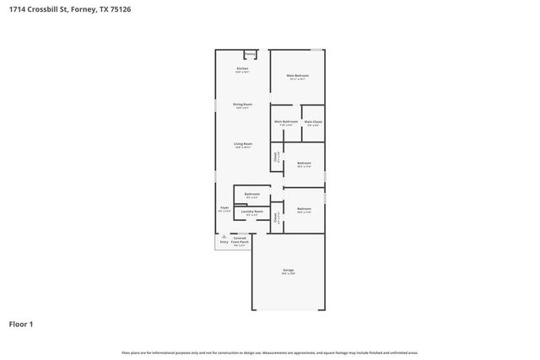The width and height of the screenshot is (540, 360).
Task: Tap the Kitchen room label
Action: pyautogui.click(x=243, y=69)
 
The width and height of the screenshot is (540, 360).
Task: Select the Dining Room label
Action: pyautogui.click(x=243, y=105)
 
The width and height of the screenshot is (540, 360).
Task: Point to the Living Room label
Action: pyautogui.click(x=243, y=145)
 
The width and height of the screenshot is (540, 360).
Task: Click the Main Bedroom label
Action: pyautogui.click(x=297, y=77)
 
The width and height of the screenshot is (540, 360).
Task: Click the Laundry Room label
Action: pyautogui.click(x=252, y=212)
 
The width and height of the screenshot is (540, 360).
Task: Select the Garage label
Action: pyautogui.click(x=288, y=271)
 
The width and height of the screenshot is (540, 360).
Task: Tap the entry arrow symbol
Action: pyautogui.click(x=224, y=236)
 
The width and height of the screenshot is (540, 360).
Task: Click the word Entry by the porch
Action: pyautogui.click(x=224, y=242)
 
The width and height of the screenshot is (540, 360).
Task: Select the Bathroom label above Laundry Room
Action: pyautogui.click(x=251, y=195)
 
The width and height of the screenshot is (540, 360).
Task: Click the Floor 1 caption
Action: pyautogui.click(x=21, y=324)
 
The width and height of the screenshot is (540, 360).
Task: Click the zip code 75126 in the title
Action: pyautogui.click(x=121, y=8)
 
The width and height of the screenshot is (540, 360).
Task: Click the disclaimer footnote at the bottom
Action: pyautogui.click(x=269, y=352)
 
